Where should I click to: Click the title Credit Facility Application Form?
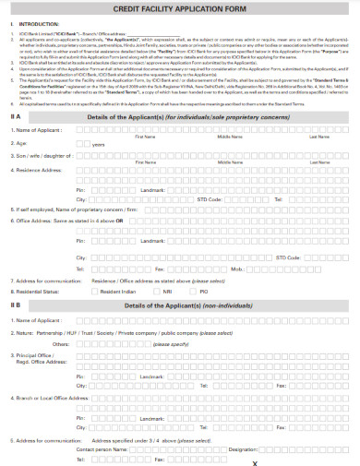pos(179,8)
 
